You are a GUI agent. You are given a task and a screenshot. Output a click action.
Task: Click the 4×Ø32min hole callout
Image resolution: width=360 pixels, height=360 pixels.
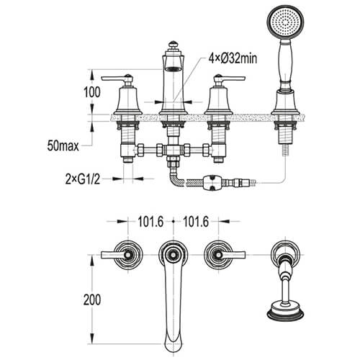(x=233, y=58)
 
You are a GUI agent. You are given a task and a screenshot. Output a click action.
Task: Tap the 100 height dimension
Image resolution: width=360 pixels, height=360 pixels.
(x=92, y=92)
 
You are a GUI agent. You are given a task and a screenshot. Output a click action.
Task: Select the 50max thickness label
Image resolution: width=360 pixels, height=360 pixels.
(x=63, y=145)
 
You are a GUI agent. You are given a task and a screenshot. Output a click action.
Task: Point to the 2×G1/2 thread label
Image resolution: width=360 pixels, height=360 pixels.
(x=83, y=179)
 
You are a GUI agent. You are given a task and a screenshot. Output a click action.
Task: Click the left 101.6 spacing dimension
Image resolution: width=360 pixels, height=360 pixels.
(x=150, y=222)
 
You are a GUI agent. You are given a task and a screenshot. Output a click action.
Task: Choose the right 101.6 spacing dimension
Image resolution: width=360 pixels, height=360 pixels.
(x=196, y=222)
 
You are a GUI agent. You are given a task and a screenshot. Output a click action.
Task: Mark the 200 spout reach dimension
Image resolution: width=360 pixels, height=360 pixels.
(x=92, y=300)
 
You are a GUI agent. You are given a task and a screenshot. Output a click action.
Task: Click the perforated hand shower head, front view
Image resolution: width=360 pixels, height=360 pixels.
(x=286, y=22)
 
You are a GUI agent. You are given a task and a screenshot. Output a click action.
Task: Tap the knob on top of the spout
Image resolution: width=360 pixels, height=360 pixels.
(x=172, y=45)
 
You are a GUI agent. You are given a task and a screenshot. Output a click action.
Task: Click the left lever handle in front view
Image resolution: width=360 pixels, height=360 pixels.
(x=117, y=78)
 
